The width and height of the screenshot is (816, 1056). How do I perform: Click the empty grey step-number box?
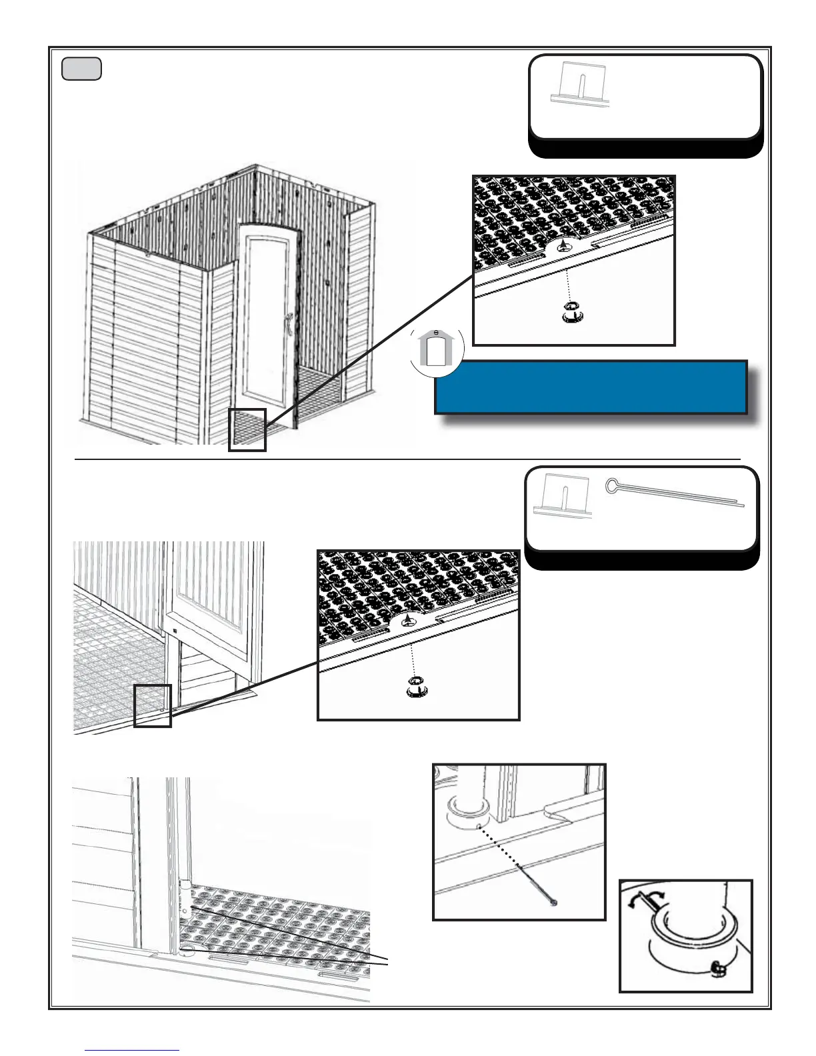click(81, 69)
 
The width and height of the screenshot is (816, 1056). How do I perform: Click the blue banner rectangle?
click(590, 387)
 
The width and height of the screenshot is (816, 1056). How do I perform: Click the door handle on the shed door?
click(289, 324)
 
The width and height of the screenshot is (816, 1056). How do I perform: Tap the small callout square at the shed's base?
click(247, 430)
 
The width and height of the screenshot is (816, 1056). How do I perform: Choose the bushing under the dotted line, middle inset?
click(417, 686)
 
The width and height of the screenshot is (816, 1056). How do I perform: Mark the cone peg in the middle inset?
click(408, 620)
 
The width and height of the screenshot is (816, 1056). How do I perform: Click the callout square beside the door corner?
click(153, 705)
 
